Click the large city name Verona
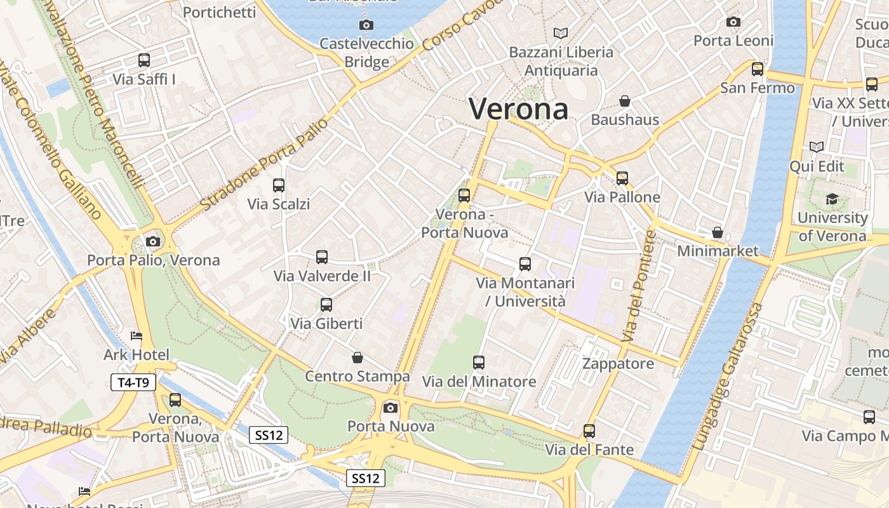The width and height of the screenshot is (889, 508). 518,109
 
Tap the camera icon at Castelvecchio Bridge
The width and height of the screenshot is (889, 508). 366,25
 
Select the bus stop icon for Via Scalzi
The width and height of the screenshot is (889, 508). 279,185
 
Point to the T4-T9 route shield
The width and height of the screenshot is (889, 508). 133,382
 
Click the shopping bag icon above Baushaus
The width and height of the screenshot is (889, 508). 625,101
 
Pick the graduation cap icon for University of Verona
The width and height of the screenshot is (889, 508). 832,199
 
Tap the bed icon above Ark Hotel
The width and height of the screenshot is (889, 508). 137,336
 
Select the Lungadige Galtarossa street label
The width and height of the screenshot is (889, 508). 728,377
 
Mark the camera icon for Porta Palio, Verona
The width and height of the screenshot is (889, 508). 153,241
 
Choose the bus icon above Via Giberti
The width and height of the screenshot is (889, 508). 326,305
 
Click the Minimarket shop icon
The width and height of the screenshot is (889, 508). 718,232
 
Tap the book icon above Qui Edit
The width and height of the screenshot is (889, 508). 817,147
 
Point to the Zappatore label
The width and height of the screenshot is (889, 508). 618,364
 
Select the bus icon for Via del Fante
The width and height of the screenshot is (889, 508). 589,431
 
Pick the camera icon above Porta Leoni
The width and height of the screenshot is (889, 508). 733,22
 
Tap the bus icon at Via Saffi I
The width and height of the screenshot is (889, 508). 144,60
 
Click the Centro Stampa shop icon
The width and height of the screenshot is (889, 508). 358,358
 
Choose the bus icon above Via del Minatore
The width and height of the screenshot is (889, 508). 479,363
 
